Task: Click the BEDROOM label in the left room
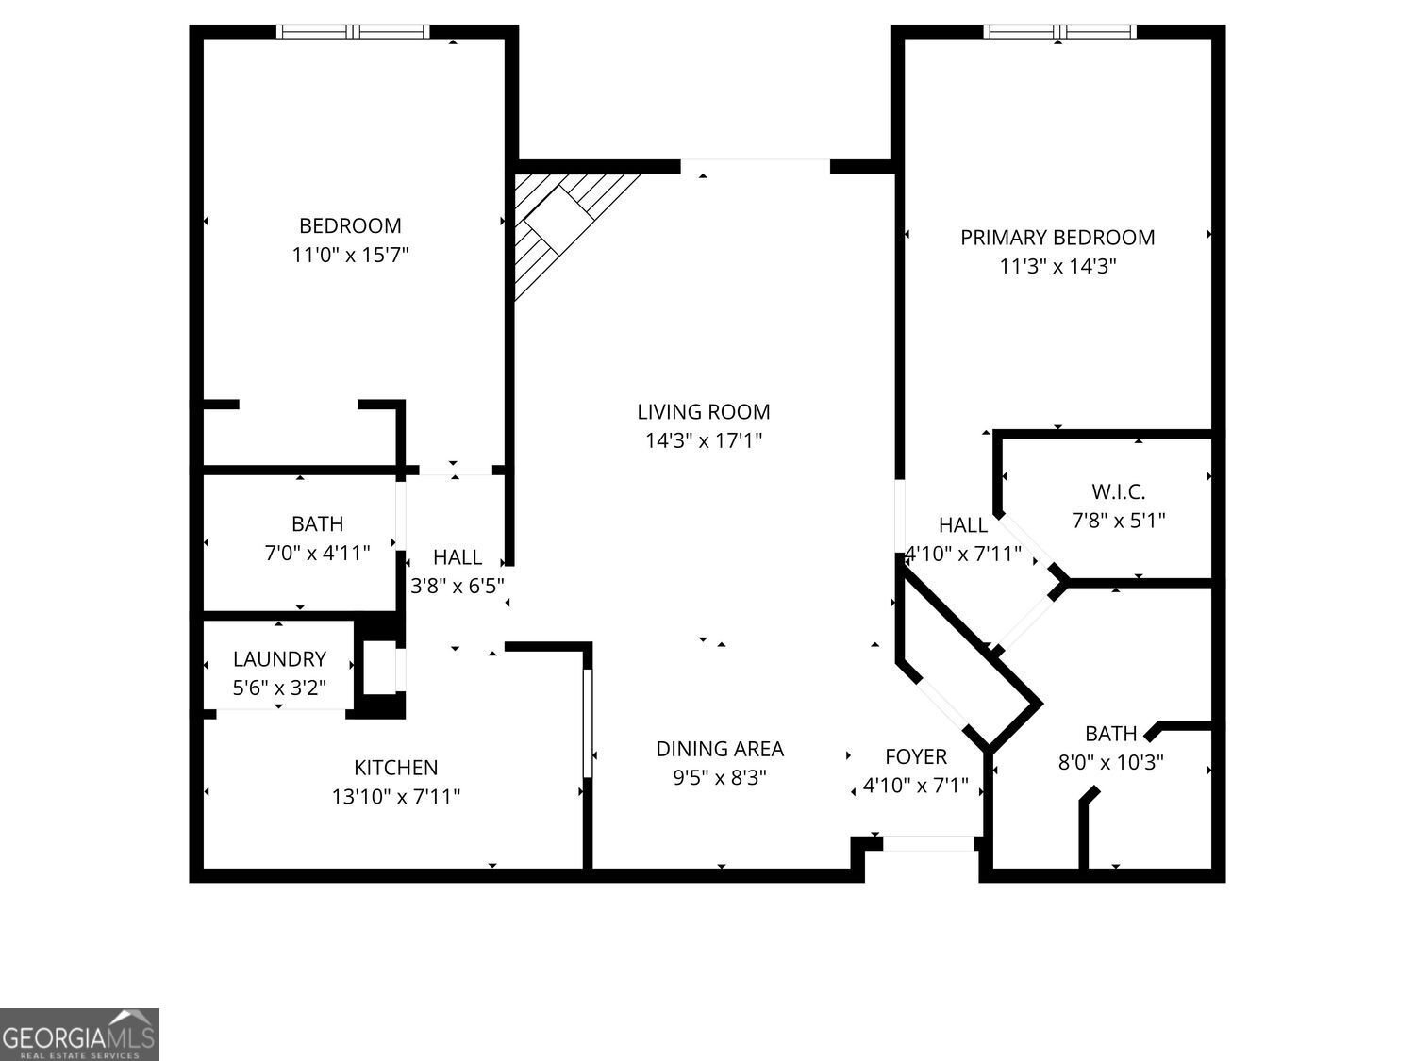[350, 225]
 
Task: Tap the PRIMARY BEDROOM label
[1057, 237]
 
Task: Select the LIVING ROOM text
[704, 411]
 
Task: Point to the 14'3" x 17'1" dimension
[704, 439]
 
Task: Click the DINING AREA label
[720, 749]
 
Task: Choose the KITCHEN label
[396, 768]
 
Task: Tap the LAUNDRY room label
[279, 659]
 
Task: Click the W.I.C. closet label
[1118, 491]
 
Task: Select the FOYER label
[916, 756]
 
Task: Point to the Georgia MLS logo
[79, 1035]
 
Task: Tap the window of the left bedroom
[353, 32]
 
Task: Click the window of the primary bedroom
[1059, 32]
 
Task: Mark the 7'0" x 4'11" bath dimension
[317, 552]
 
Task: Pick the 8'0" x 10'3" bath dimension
[1111, 761]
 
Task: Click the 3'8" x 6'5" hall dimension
[458, 586]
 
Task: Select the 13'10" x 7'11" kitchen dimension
[396, 797]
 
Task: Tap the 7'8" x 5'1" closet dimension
[1118, 520]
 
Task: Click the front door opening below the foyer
[928, 843]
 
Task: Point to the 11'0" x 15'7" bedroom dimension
[350, 255]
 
